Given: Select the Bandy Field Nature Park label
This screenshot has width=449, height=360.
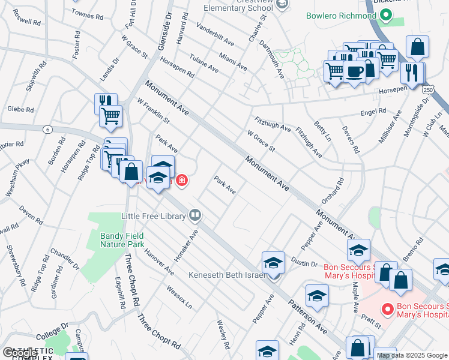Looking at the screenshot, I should pos(122,241).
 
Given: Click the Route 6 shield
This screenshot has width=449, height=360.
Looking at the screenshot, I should pos(46,129).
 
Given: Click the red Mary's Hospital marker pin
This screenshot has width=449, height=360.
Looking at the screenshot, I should pos(388,310).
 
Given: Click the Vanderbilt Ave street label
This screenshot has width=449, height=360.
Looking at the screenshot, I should pos(215,35).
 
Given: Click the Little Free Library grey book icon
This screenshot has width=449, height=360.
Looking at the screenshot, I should pos(195,214).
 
